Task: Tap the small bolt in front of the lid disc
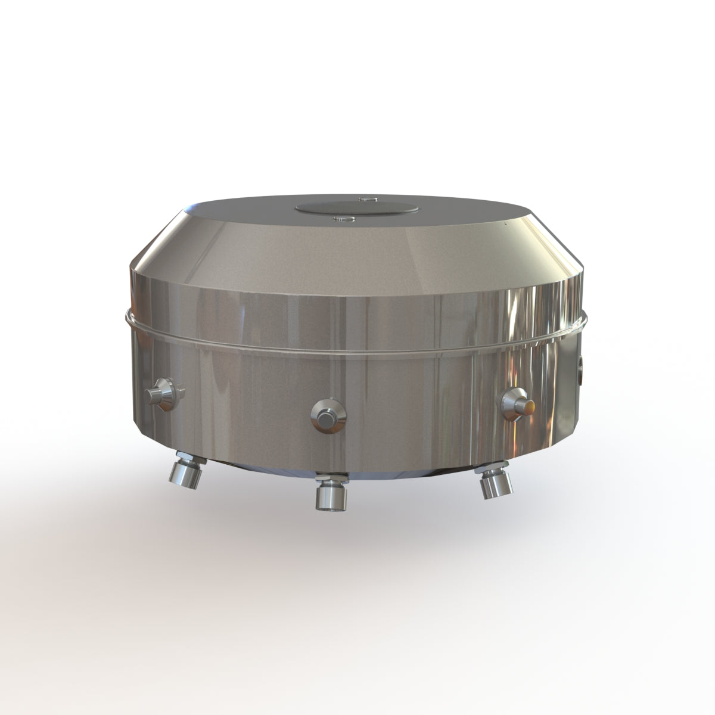344,220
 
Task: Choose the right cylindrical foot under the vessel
497,484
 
